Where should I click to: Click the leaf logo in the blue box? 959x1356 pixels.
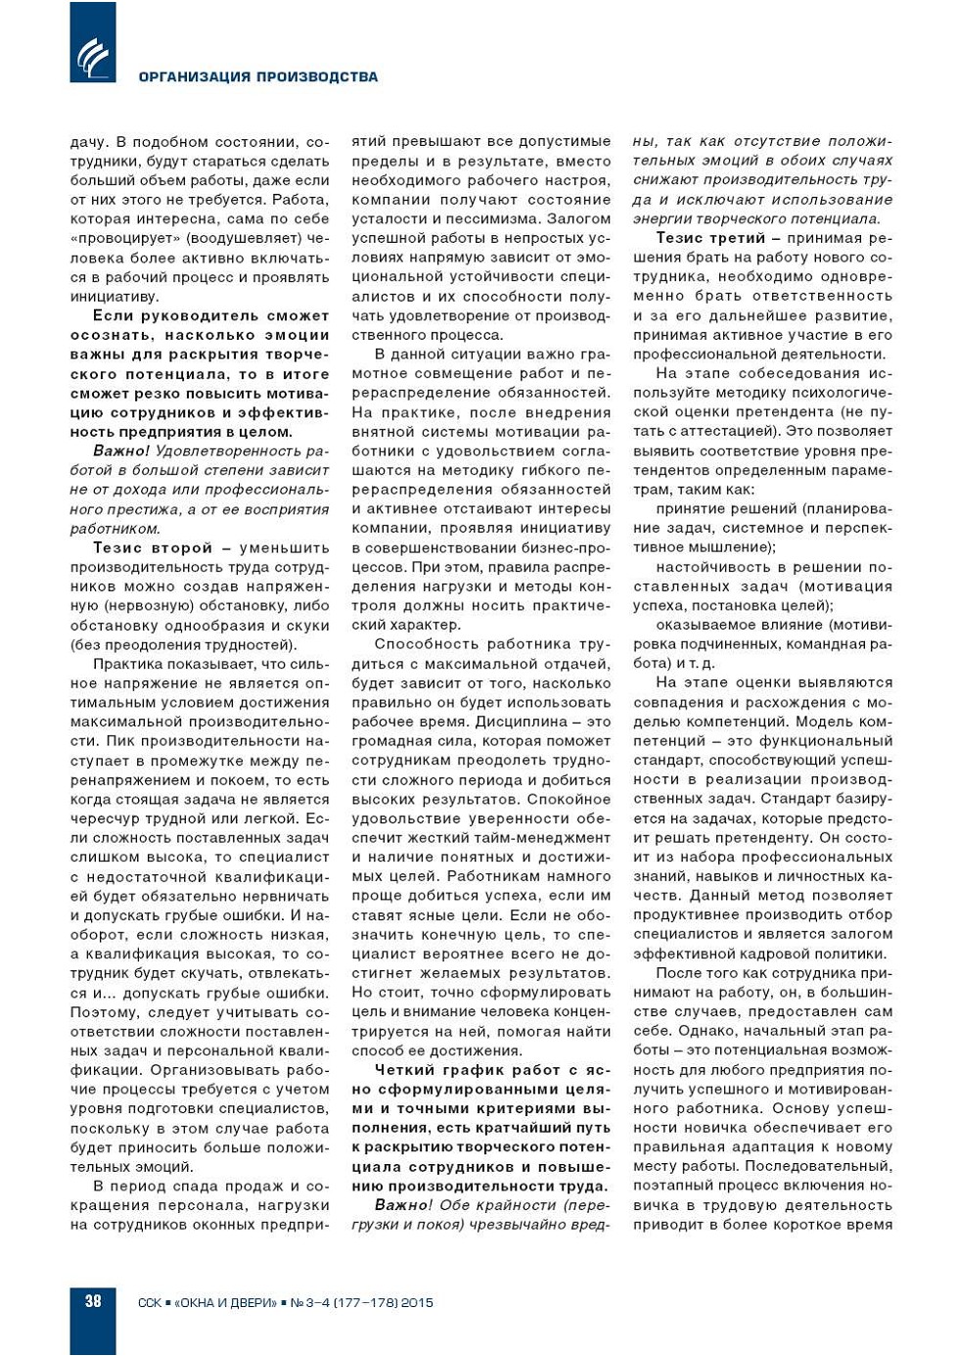[93, 55]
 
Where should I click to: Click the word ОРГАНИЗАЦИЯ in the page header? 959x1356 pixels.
[192, 77]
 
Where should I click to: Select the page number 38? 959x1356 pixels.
[93, 1301]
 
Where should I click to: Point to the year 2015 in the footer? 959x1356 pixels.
[417, 1303]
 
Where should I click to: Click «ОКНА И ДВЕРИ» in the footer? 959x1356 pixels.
[226, 1303]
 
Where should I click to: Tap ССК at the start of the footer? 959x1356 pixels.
[150, 1303]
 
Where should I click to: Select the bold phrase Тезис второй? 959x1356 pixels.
[153, 548]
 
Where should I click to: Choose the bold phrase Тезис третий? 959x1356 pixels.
[710, 238]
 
